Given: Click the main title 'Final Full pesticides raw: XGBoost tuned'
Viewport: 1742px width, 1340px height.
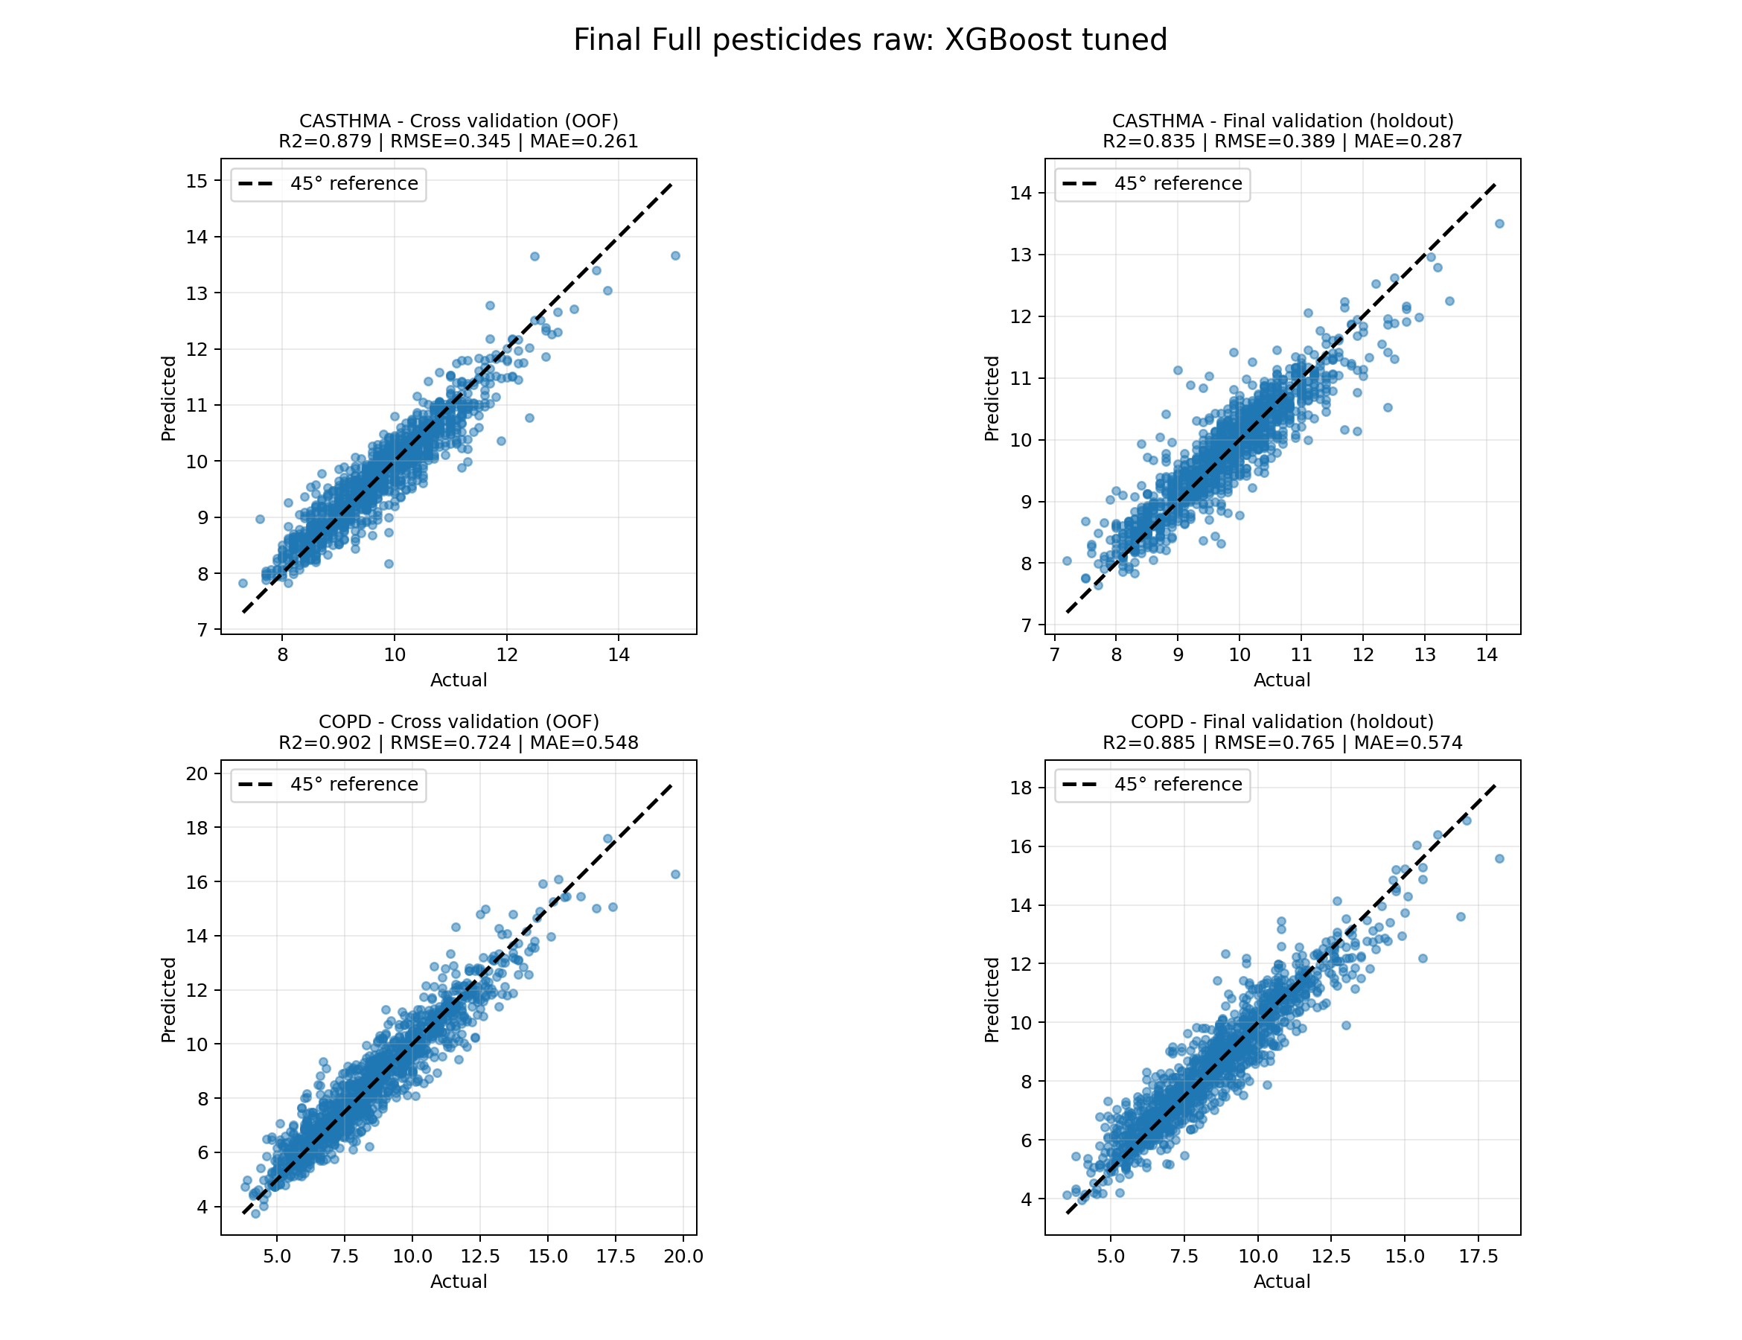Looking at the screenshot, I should [x=870, y=40].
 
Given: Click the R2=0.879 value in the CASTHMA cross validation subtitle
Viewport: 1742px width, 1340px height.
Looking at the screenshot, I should [x=325, y=142].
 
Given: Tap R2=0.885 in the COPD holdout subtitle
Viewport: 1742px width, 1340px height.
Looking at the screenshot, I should [x=1149, y=744].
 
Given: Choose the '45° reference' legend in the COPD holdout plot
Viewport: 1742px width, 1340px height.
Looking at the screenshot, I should [x=1152, y=785].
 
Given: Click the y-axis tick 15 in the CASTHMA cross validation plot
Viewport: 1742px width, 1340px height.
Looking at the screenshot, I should [x=197, y=181].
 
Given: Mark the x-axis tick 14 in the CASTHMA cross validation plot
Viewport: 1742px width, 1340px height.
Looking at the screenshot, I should [x=619, y=656].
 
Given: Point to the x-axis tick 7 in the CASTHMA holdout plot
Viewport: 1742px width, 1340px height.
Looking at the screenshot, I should [x=1054, y=656].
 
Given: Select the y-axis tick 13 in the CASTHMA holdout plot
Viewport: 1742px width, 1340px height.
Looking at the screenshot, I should [x=1020, y=255].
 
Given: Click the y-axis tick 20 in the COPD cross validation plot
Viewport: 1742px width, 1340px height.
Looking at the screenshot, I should [x=197, y=773].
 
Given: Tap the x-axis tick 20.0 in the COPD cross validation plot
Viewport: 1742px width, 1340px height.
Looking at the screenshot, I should [x=683, y=1257].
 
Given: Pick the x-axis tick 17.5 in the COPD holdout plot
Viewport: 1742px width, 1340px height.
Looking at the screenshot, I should [x=1478, y=1257].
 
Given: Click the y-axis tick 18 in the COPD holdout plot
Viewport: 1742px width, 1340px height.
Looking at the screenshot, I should [x=1020, y=788].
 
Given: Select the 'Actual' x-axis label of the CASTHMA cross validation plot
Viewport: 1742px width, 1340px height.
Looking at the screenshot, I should [x=459, y=680].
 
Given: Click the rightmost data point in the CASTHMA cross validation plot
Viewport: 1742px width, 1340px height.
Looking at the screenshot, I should [x=676, y=256].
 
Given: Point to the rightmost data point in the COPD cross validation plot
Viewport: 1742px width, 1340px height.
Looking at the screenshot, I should [x=676, y=874].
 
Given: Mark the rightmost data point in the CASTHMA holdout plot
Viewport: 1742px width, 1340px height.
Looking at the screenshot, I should [x=1499, y=224].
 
